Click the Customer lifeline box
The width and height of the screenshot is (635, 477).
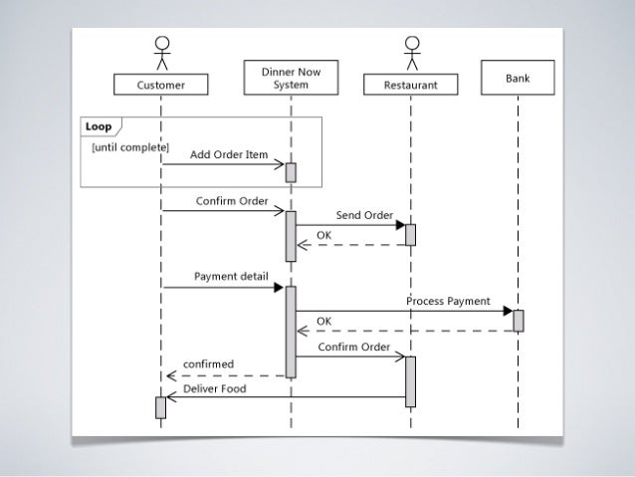160,86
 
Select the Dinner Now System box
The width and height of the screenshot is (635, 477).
291,79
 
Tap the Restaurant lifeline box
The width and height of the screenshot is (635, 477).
410,86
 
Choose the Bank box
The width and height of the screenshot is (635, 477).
518,78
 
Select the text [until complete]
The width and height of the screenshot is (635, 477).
130,147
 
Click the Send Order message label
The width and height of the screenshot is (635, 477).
363,215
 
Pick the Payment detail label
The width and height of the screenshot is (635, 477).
224,276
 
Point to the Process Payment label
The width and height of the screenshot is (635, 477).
448,301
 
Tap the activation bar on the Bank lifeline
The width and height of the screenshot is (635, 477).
518,321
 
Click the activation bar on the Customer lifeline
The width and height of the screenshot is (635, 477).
160,407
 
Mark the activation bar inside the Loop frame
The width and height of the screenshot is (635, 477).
291,172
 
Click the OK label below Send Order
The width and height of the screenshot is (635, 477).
323,235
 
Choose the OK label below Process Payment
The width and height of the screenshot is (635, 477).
323,321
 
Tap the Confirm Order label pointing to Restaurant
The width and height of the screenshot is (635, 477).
353,347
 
